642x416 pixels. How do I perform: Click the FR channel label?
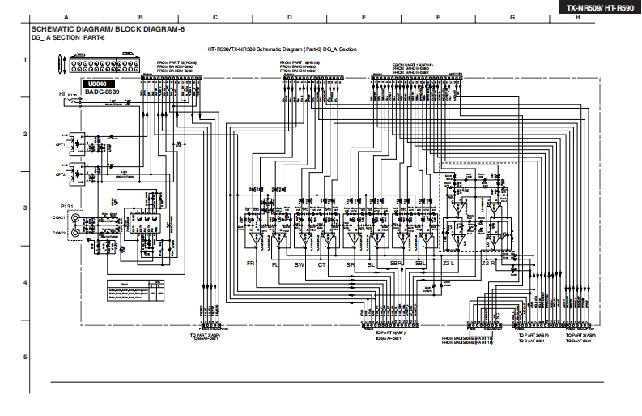(251, 264)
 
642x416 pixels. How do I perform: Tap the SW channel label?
(300, 264)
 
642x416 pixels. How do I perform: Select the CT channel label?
(322, 264)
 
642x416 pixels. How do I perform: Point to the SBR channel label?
(396, 264)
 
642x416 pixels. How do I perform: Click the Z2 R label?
(487, 264)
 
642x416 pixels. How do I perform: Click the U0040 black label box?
(97, 84)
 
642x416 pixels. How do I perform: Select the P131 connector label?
(66, 208)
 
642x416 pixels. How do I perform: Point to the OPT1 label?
(60, 144)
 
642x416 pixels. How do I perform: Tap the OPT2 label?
(60, 174)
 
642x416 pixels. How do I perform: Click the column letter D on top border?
(289, 17)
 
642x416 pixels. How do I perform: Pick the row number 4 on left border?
(24, 282)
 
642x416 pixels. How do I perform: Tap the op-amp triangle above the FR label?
(255, 241)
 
